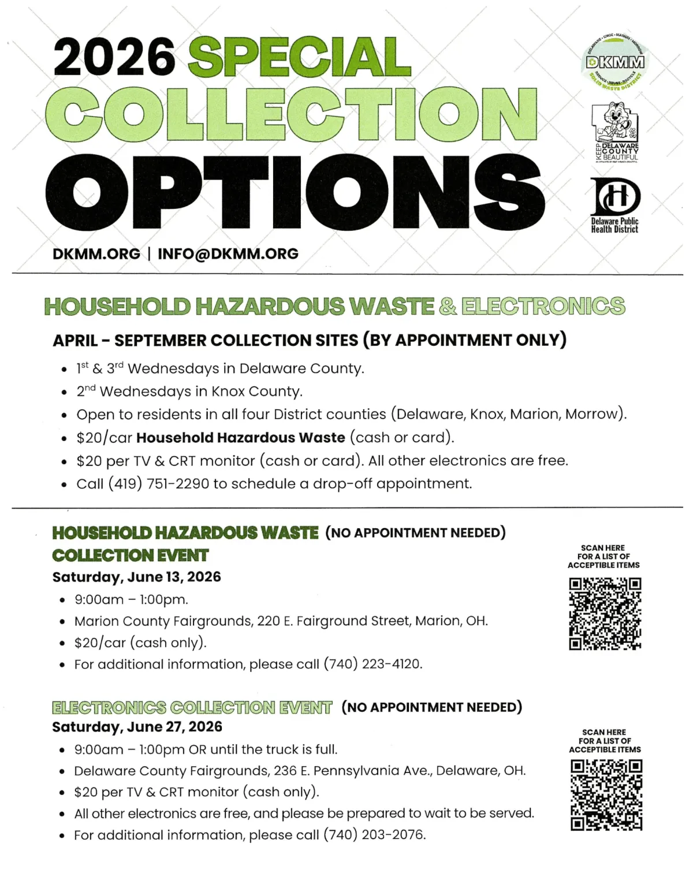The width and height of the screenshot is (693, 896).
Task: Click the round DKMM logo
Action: [615, 63]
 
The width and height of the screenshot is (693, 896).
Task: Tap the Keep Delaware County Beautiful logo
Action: [616, 132]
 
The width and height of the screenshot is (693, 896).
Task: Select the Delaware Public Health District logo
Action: [615, 205]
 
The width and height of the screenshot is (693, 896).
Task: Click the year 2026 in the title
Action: [114, 57]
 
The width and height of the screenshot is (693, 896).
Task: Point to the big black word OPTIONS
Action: [295, 193]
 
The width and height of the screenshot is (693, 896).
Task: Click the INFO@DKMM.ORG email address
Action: [228, 254]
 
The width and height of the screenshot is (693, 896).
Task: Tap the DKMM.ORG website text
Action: [96, 254]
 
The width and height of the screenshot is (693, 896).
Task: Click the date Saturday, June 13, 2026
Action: [136, 577]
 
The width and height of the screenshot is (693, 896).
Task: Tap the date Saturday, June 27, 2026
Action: [137, 727]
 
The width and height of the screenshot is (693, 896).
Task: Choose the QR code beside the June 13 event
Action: [605, 614]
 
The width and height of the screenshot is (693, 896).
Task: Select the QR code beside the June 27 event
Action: [606, 794]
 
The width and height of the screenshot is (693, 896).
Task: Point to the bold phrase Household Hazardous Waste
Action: [241, 438]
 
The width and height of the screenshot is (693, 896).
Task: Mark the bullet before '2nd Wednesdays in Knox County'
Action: [65, 393]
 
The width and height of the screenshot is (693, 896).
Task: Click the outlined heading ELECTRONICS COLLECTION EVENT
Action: [192, 708]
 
